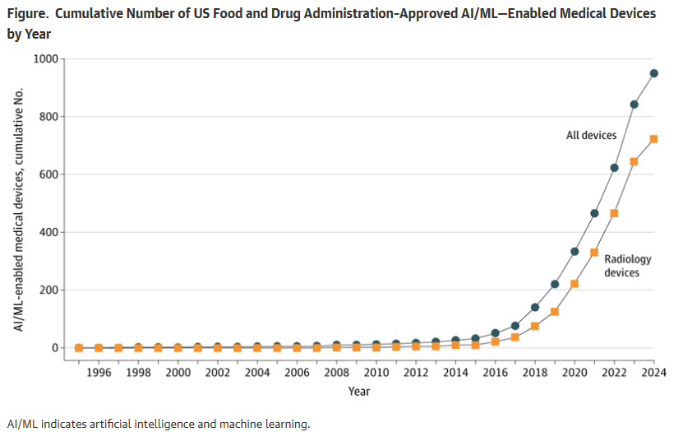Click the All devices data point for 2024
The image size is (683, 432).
(653, 73)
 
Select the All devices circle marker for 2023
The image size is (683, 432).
(634, 105)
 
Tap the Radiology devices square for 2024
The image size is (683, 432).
(653, 139)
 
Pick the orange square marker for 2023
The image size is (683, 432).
(634, 162)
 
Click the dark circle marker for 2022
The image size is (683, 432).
(614, 168)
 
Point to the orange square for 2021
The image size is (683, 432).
(594, 253)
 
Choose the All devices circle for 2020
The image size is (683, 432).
(575, 252)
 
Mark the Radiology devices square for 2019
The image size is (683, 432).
(555, 312)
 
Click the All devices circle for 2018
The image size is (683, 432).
(535, 307)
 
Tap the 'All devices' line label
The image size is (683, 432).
(591, 135)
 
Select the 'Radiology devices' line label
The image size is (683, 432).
(628, 266)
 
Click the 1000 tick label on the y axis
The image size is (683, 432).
(46, 58)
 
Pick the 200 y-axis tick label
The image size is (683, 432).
(48, 290)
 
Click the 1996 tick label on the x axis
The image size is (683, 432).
(99, 372)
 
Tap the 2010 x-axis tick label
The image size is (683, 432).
(376, 372)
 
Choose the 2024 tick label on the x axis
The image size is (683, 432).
(653, 372)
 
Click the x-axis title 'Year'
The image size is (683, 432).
(359, 391)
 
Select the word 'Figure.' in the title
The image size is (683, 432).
(27, 14)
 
